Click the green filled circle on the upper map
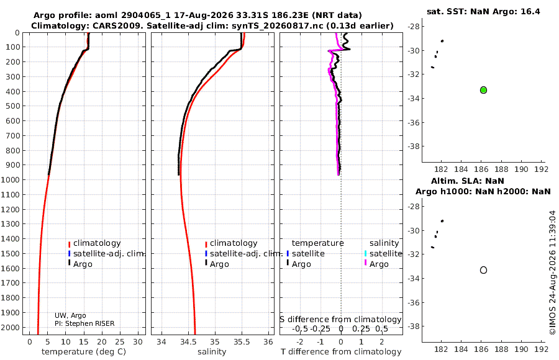coord(483,90)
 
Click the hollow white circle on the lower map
coord(483,270)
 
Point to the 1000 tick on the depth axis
coord(10,179)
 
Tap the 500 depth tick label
coord(12,106)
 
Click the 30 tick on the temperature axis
coord(138,342)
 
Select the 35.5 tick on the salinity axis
coord(242,342)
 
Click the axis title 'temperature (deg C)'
coord(84,352)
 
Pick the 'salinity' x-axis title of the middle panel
coord(212,352)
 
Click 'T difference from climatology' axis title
coord(341,352)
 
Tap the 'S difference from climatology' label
coord(341,320)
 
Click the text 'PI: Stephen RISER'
coord(84,323)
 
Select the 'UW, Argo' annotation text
coord(70,315)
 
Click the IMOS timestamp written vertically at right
coord(553,272)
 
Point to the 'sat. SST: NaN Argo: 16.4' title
coord(483,11)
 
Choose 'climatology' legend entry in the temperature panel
coord(94,243)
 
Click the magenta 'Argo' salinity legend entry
coord(376,264)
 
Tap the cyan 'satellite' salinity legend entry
coord(383,253)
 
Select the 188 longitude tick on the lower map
coord(501,349)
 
